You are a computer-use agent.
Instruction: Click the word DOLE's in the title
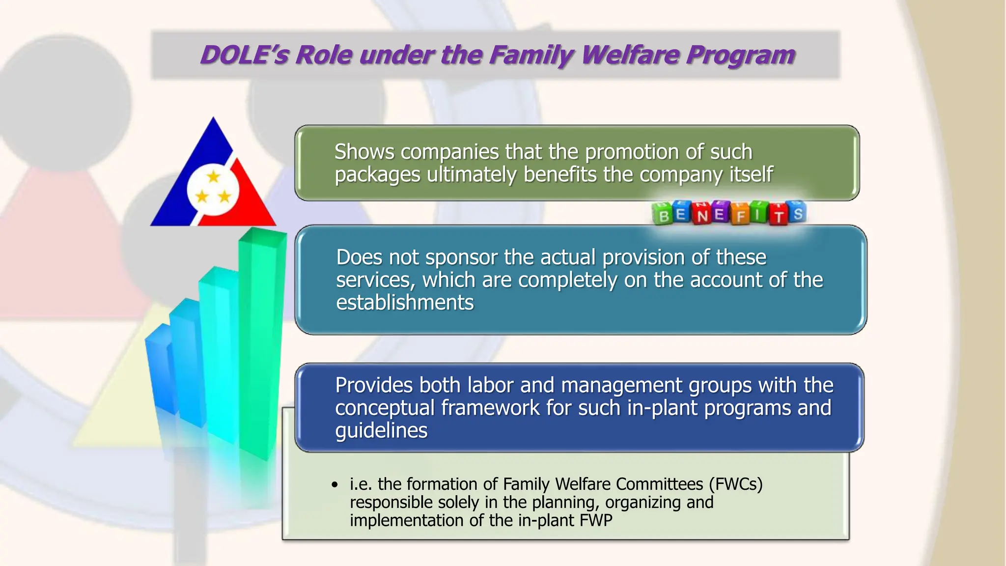(x=244, y=55)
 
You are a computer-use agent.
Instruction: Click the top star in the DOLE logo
(x=213, y=176)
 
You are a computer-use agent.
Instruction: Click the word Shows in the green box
(x=364, y=152)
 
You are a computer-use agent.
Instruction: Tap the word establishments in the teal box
(x=405, y=303)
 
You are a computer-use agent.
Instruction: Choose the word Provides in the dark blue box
(x=373, y=385)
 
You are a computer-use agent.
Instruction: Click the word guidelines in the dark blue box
(x=381, y=430)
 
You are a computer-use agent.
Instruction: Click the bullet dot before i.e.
(x=335, y=485)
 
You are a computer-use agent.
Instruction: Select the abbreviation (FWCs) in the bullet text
(x=735, y=484)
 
